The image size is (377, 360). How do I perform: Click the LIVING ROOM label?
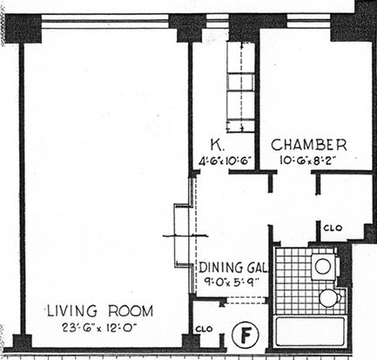pyautogui.click(x=100, y=311)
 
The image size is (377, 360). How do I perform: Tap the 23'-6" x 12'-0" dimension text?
pyautogui.click(x=99, y=329)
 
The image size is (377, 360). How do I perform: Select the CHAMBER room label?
pyautogui.click(x=309, y=145)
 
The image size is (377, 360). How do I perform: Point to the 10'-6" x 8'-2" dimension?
pyautogui.click(x=309, y=160)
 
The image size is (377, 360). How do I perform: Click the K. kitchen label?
pyautogui.click(x=217, y=145)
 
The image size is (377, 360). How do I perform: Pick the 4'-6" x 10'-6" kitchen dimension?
pyautogui.click(x=225, y=161)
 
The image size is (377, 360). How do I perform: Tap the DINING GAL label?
pyautogui.click(x=232, y=268)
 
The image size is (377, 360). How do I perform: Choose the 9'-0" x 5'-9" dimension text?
pyautogui.click(x=231, y=282)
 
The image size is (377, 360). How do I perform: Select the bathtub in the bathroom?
pyautogui.click(x=310, y=331)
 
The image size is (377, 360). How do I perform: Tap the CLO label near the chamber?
pyautogui.click(x=333, y=228)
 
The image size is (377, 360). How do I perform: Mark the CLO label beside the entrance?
pyautogui.click(x=204, y=329)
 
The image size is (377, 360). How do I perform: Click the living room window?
pyautogui.click(x=105, y=22)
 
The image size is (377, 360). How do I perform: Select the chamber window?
pyautogui.click(x=309, y=22)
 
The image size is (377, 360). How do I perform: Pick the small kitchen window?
pyautogui.click(x=217, y=22)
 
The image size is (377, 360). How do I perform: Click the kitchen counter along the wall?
pyautogui.click(x=240, y=87)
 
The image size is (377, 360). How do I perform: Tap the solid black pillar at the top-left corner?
pyautogui.click(x=24, y=29)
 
